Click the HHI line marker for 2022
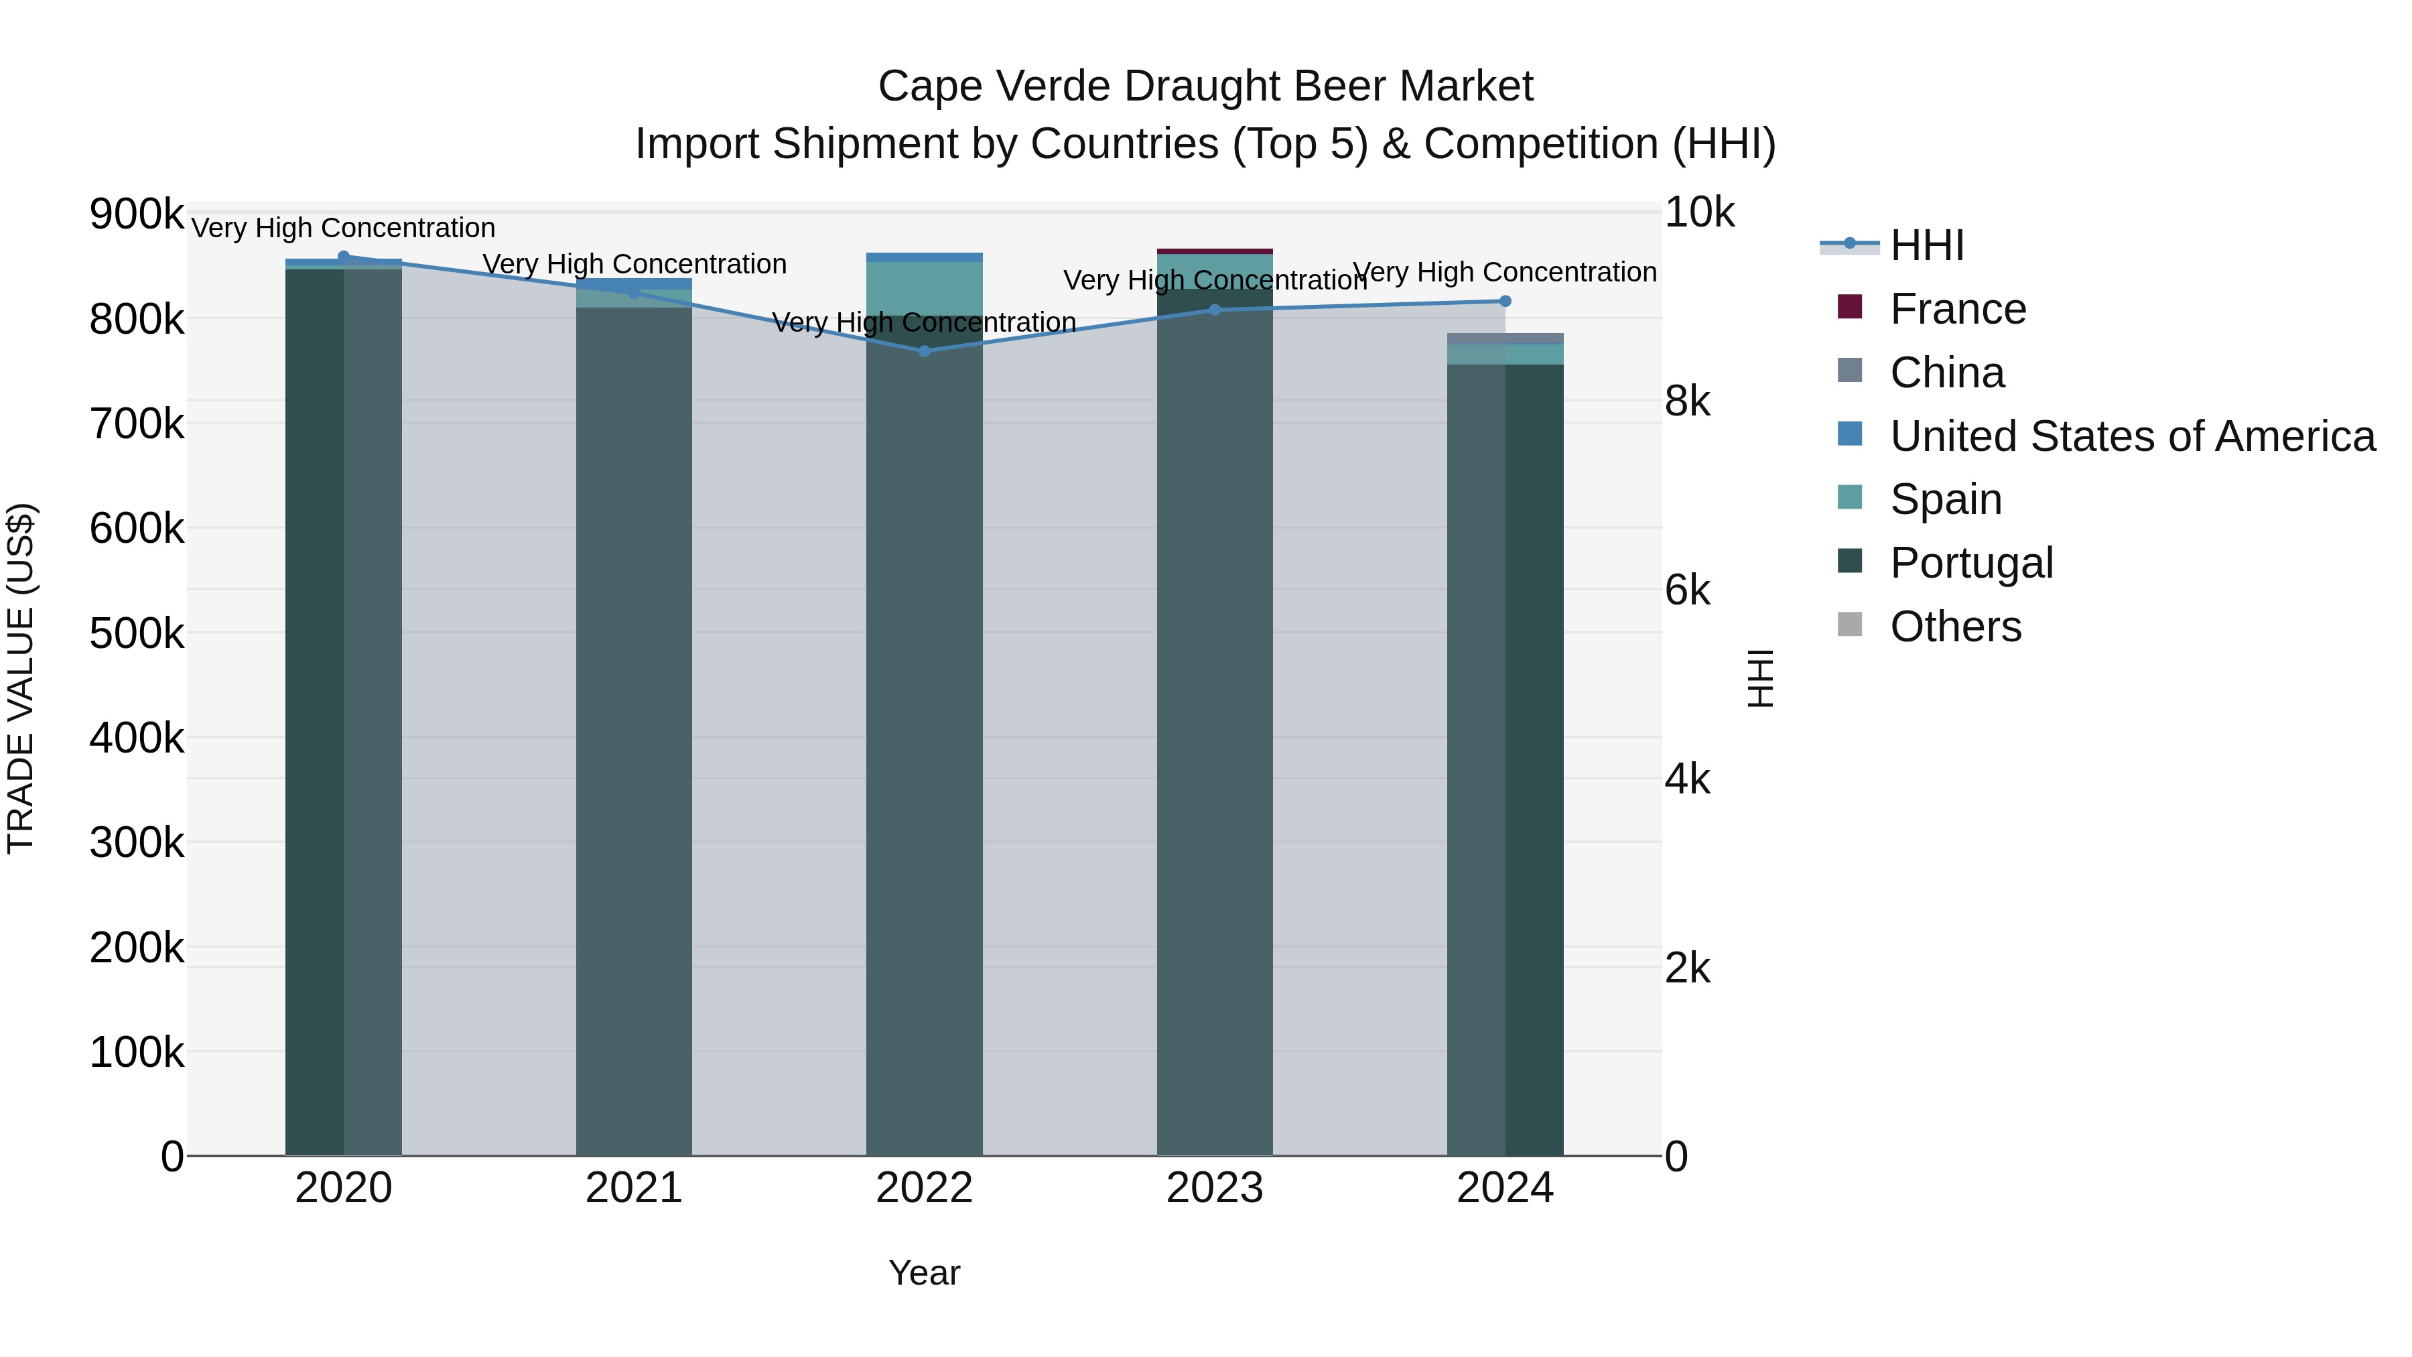click(x=924, y=351)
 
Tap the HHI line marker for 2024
click(x=1505, y=301)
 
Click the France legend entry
click(x=1957, y=309)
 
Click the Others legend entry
click(x=1955, y=627)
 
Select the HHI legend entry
click(x=1926, y=245)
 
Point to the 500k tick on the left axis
click(x=137, y=633)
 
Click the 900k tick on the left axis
click(x=137, y=214)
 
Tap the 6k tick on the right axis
click(x=1686, y=591)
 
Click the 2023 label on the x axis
click(x=1215, y=1188)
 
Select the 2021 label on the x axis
click(x=634, y=1188)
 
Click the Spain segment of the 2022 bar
click(x=924, y=287)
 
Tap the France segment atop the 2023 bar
click(x=1215, y=251)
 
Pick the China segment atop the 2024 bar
click(x=1505, y=338)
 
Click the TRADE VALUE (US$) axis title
click(x=21, y=678)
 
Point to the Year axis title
click(x=924, y=1273)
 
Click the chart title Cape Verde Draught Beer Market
click(x=1205, y=86)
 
